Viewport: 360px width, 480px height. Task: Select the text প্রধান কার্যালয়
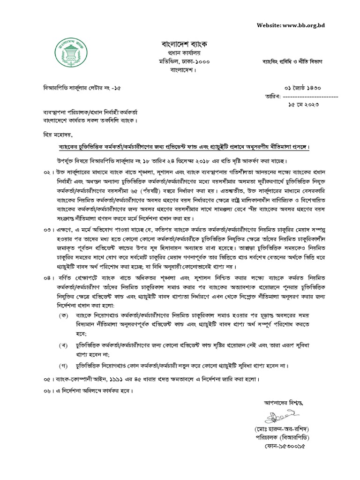(x=180, y=52)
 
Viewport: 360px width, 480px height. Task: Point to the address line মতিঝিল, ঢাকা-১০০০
(x=180, y=61)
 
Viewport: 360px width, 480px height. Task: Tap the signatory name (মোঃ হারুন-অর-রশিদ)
(x=281, y=429)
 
